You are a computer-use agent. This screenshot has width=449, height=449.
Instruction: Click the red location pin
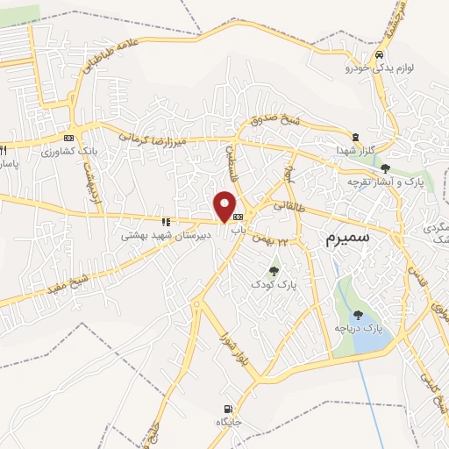pos(225,207)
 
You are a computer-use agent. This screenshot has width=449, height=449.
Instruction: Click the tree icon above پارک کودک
pos(274,270)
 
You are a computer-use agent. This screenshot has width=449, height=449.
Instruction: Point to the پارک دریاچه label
pos(359,328)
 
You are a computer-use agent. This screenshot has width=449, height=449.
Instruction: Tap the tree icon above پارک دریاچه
pos(358,314)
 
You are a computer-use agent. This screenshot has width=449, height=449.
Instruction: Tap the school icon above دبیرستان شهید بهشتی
pos(165,222)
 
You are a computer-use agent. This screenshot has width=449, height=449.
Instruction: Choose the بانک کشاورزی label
pos(67,152)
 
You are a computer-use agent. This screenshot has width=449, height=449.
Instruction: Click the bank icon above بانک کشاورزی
pos(68,138)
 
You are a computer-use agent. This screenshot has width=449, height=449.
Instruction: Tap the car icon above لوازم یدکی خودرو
pos(378,53)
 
